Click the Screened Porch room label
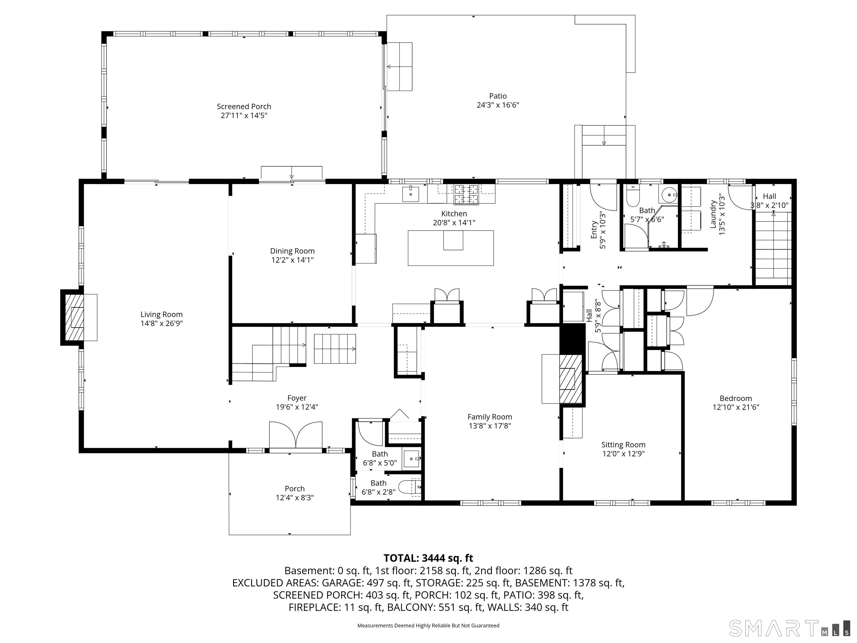(244, 107)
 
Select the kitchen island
(450, 248)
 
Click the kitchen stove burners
(466, 194)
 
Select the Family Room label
(490, 417)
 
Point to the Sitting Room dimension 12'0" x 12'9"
(623, 454)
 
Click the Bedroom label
(735, 398)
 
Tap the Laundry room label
(713, 214)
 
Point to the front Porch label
(295, 489)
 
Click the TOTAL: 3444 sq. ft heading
(428, 558)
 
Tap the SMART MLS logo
(790, 628)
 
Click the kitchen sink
(410, 194)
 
